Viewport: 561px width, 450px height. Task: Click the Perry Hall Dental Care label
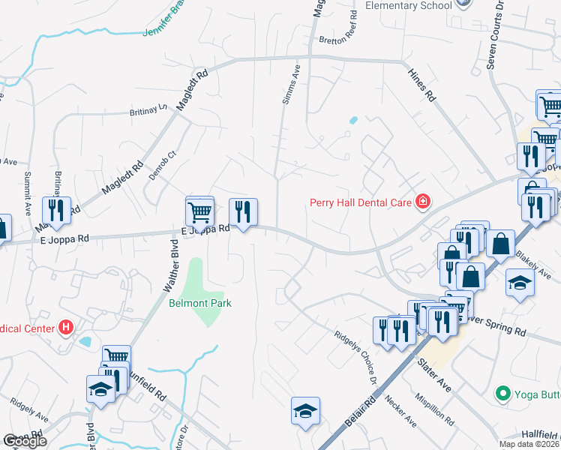click(x=361, y=202)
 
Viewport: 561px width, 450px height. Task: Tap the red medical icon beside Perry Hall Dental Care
click(x=423, y=202)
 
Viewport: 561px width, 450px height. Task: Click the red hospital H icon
click(x=67, y=328)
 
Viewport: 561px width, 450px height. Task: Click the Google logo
click(x=25, y=441)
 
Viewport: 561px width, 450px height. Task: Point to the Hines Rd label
click(x=421, y=85)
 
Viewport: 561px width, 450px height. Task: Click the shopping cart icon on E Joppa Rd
click(x=200, y=211)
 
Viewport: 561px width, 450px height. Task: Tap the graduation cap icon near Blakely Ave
click(x=520, y=283)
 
